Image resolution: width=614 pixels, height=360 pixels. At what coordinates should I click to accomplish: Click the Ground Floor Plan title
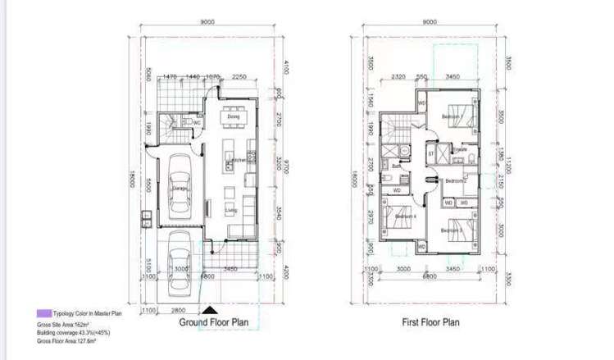click(x=214, y=322)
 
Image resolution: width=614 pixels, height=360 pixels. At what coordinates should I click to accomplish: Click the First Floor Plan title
click(x=430, y=322)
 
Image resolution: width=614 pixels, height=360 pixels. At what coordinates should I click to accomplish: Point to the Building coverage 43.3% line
click(x=73, y=333)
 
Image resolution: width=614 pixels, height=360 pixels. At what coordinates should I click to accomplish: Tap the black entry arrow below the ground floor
click(x=211, y=309)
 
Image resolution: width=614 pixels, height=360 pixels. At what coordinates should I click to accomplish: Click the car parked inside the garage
click(x=180, y=189)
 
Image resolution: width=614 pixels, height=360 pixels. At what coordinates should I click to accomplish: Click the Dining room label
click(x=234, y=117)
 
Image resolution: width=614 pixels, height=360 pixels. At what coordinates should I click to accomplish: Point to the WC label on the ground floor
click(x=197, y=123)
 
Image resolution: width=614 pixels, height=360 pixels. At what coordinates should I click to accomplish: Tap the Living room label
click(x=232, y=209)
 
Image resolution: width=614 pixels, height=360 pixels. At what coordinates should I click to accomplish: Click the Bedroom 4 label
click(x=405, y=216)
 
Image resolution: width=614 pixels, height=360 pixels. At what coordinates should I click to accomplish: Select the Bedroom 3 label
click(x=452, y=230)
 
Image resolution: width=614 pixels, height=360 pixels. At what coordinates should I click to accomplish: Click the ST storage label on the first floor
click(x=430, y=153)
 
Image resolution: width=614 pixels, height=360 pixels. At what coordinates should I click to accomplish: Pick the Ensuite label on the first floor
click(x=460, y=149)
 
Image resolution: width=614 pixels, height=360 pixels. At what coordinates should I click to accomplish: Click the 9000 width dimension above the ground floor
click(x=208, y=22)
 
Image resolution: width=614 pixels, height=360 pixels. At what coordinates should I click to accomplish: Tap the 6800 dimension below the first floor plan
click(x=428, y=277)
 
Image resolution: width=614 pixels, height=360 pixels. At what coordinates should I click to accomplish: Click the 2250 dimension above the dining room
click(x=239, y=76)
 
